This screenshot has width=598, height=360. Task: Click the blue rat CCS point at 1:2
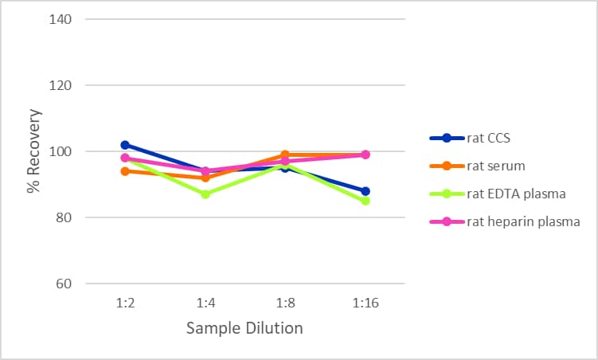(125, 145)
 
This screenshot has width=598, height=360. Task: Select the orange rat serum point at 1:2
(125, 171)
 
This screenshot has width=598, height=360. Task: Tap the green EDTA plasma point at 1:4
(205, 194)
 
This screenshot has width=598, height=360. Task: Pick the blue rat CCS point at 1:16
(365, 191)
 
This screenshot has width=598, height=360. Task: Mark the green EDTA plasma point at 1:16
(365, 201)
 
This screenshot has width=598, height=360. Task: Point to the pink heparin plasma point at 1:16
(365, 155)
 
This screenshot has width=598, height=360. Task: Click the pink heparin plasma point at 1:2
(125, 158)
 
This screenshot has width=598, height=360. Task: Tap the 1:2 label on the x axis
(125, 303)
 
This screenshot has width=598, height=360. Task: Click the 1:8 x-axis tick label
(285, 303)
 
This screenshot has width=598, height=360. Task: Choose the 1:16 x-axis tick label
(365, 303)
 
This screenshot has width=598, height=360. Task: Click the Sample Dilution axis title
(244, 328)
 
